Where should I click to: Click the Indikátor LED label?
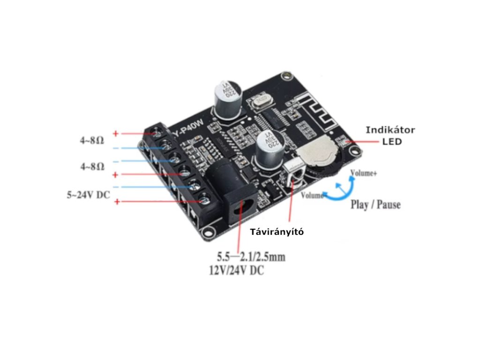click(390, 135)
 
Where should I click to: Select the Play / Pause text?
click(375, 205)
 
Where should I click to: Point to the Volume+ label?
click(364, 173)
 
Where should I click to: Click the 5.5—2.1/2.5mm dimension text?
click(250, 257)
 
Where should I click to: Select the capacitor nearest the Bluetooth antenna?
click(228, 99)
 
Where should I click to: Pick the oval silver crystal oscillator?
click(262, 99)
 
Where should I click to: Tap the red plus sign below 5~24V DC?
click(117, 202)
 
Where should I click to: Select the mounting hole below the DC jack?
click(205, 232)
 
